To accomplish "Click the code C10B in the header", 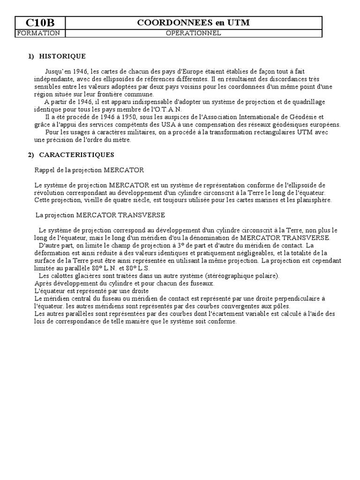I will pos(40,22).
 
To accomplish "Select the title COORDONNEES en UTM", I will pos(193,22).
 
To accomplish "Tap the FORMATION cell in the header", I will pos(38,33).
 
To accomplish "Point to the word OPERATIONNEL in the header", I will pos(193,33).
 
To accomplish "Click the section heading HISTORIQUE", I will pos(62,56).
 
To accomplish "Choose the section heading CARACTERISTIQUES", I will pos(76,155).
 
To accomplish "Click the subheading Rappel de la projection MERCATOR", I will pos(90,170).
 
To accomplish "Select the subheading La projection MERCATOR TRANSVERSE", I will pos(100,215).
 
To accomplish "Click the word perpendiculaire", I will pos(301,299).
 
